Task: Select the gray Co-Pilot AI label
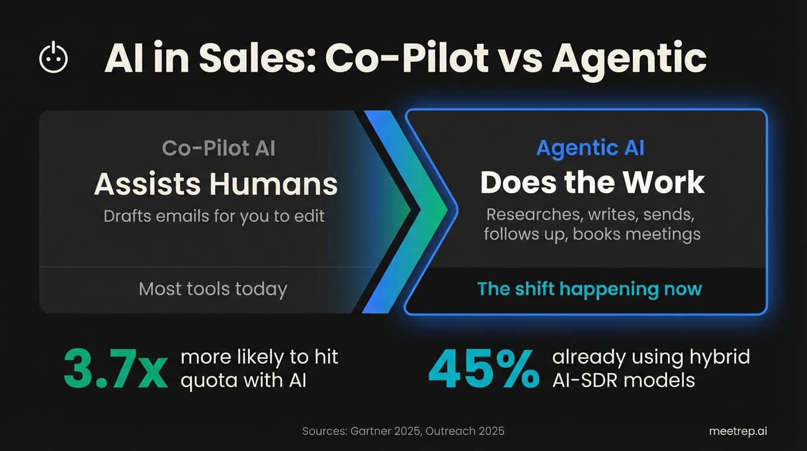pos(218,148)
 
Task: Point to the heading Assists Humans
pos(215,184)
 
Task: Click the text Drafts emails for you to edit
pos(214,216)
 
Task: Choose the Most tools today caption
pos(213,289)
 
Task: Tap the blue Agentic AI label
pos(590,148)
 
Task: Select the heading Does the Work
pos(592,183)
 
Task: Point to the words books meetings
pos(636,234)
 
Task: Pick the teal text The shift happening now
pos(589,289)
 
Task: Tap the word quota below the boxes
pos(206,381)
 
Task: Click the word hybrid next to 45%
pos(720,358)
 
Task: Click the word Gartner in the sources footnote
pos(373,431)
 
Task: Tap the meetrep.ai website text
pos(738,431)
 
